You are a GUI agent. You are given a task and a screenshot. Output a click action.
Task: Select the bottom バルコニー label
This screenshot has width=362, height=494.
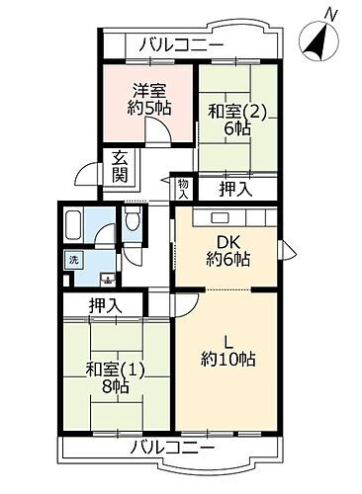pos(173,448)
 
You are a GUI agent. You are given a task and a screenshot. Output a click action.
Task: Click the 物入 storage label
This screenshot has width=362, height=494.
pos(184,189)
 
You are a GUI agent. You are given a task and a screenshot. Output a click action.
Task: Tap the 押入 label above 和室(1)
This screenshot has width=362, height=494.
pos(106,307)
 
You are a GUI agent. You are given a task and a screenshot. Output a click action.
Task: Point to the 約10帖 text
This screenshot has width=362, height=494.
pos(230,359)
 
